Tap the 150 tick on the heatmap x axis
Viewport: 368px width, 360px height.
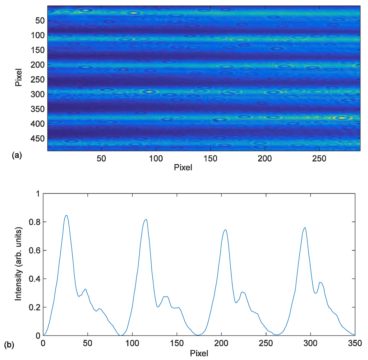(x=210, y=159)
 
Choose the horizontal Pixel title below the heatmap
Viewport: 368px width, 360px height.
(x=183, y=168)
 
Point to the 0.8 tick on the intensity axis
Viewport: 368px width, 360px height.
(x=34, y=222)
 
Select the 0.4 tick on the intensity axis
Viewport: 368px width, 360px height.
(x=34, y=279)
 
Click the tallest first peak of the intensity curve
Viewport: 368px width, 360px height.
(x=66, y=215)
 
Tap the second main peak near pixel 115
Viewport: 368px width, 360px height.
(x=146, y=219)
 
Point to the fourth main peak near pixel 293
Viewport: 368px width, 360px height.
(x=305, y=227)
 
